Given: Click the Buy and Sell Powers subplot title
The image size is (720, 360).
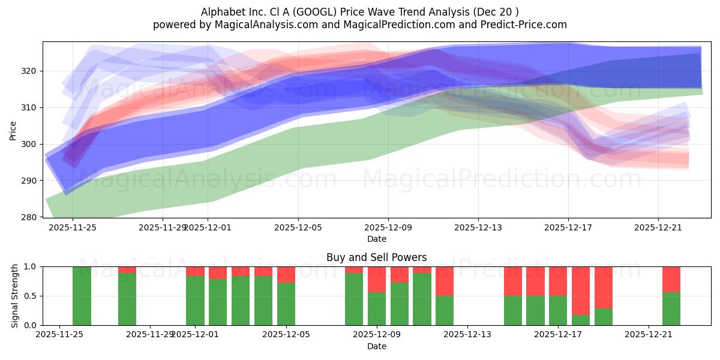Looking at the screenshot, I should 376,257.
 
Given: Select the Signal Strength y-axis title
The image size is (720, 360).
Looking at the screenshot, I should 15,296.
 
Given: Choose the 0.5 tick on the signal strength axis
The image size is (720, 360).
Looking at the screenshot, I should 30,296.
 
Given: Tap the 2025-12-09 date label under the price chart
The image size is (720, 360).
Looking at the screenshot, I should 388,227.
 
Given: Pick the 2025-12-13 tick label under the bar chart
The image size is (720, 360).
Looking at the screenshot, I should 467,335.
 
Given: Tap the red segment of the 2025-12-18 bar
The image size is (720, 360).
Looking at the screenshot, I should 581,290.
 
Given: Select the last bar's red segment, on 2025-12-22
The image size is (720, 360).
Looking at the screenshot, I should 671,279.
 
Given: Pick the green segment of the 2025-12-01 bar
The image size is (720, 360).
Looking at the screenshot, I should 195,301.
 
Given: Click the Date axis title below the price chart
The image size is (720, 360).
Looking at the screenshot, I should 376,239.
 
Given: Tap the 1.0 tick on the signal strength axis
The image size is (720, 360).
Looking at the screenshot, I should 30,266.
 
